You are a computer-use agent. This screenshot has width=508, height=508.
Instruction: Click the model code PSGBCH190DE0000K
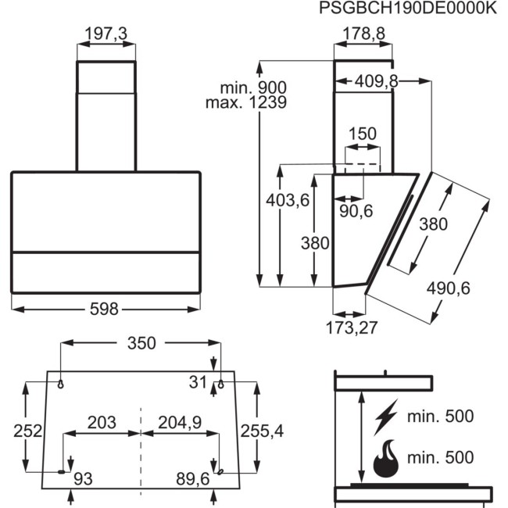click(408, 9)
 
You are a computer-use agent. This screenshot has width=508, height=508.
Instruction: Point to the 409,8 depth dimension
click(377, 80)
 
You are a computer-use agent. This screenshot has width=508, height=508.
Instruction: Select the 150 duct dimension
click(363, 134)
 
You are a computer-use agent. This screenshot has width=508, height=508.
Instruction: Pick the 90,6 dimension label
click(356, 211)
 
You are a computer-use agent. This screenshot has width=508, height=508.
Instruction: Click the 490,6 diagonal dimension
click(448, 288)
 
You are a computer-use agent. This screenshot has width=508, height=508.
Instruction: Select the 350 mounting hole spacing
click(141, 342)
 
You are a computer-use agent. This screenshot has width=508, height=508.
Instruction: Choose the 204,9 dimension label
click(180, 423)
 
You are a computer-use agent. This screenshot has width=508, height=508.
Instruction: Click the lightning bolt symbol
click(385, 417)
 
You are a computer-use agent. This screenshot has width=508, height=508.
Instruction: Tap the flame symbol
click(385, 459)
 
